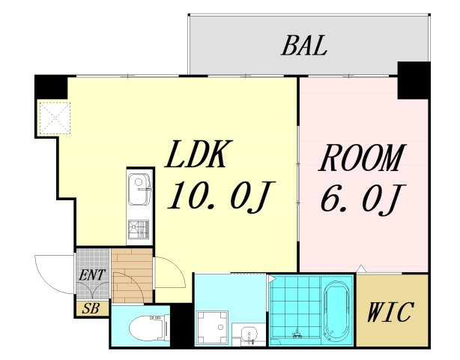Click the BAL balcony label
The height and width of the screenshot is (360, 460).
(x=304, y=46)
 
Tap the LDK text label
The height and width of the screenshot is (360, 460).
(x=199, y=154)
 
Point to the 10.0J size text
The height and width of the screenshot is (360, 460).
(x=220, y=196)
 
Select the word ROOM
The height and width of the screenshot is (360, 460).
(x=363, y=157)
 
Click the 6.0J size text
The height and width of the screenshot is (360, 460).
(x=363, y=199)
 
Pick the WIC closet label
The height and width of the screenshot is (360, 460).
(x=390, y=312)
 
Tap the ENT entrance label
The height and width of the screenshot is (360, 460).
(x=92, y=275)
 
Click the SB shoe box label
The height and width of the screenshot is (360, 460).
(x=91, y=308)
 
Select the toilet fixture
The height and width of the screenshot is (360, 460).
(x=149, y=327)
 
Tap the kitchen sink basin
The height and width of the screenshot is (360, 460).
(x=139, y=189)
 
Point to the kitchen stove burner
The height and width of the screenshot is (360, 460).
(x=139, y=229)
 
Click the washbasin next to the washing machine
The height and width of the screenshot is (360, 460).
(x=249, y=335)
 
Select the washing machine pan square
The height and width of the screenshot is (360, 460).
(x=213, y=327)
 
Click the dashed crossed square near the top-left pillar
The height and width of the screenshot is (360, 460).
(x=55, y=118)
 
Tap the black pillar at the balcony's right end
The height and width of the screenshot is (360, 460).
(x=414, y=80)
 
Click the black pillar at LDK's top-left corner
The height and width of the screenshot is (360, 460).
(x=51, y=87)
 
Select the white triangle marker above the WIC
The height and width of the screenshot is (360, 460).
(x=361, y=268)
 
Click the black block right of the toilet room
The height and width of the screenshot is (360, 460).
(x=182, y=325)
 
